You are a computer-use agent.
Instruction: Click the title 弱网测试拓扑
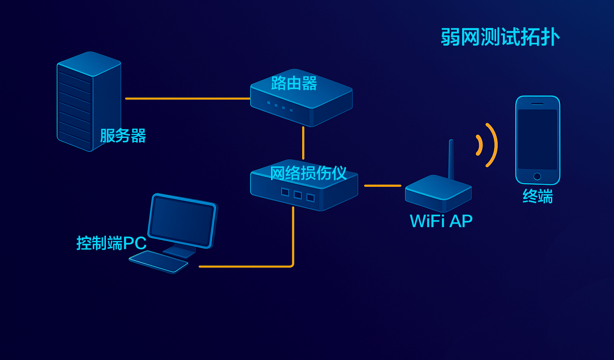click(500, 37)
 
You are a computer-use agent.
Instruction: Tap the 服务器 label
click(123, 136)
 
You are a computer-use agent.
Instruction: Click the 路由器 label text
click(294, 83)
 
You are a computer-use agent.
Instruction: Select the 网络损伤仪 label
click(308, 173)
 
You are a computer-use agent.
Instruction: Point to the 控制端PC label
click(111, 243)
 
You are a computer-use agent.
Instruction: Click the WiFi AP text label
click(441, 221)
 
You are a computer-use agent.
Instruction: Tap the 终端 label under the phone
click(538, 196)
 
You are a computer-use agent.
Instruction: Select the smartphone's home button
click(537, 176)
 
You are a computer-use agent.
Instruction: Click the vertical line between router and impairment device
click(303, 143)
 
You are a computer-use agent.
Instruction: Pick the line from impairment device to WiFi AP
click(382, 186)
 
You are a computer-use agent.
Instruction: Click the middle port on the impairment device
click(298, 195)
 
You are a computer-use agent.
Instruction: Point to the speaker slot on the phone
click(537, 104)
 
